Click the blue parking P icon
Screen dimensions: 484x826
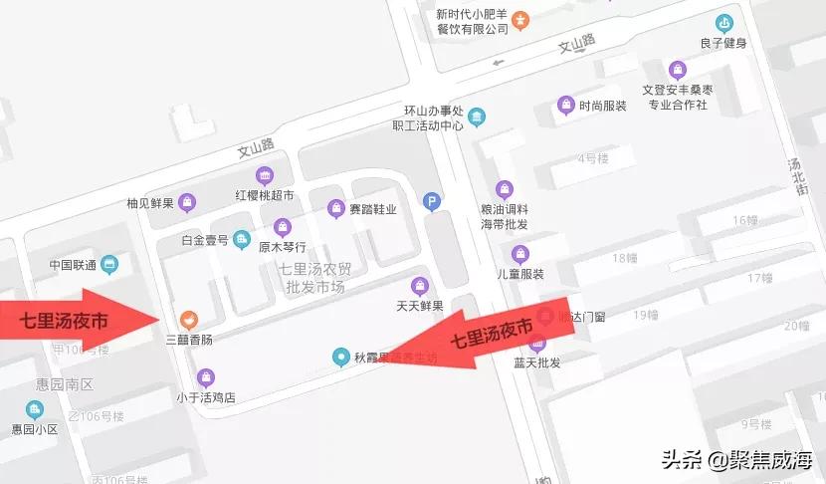[432, 200]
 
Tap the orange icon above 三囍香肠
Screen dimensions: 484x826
[187, 319]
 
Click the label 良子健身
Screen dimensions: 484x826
[723, 43]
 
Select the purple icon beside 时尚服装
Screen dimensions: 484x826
[566, 105]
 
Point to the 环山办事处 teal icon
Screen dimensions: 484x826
[477, 119]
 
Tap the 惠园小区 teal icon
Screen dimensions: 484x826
[35, 409]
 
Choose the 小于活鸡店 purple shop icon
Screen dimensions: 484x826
[206, 376]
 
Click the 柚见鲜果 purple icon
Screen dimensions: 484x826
[187, 204]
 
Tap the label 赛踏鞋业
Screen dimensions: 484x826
[373, 209]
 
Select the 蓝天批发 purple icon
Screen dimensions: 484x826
[538, 344]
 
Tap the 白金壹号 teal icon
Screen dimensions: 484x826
[241, 239]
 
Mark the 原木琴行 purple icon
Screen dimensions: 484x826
[284, 227]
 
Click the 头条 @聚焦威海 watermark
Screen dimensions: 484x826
[735, 459]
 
